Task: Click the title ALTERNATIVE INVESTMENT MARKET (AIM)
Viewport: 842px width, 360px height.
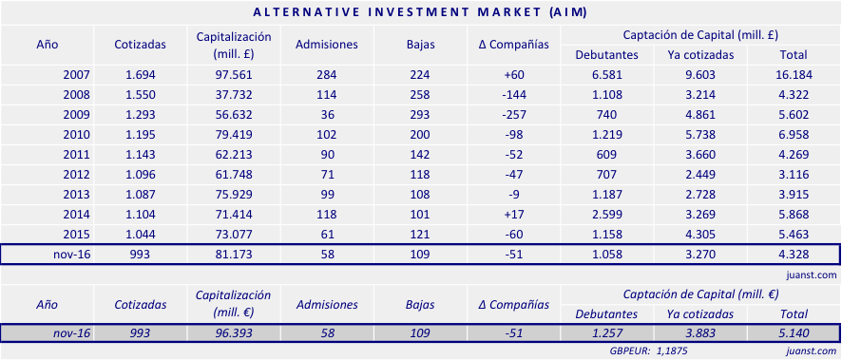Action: (420, 12)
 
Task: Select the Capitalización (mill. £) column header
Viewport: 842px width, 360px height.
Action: (234, 45)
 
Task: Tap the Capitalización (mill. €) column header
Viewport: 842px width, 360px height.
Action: (234, 304)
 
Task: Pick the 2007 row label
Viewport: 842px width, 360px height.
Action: (76, 74)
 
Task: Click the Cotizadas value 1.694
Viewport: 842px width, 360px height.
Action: (141, 74)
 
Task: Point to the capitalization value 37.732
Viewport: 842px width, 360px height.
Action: (234, 94)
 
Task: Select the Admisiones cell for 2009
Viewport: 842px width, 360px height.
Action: (327, 114)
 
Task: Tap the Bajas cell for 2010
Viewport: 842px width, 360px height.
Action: (420, 134)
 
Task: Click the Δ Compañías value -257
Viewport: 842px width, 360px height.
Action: (514, 114)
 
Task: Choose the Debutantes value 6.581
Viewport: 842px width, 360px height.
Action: (606, 74)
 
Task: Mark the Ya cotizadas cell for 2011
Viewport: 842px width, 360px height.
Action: (700, 154)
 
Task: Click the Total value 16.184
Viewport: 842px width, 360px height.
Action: (792, 74)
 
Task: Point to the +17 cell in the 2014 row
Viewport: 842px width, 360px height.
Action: (514, 214)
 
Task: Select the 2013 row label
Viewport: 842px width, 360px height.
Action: (76, 194)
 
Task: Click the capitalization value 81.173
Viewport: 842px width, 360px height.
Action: (234, 255)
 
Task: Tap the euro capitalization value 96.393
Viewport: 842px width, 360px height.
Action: (234, 333)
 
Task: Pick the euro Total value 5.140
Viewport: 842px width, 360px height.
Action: (792, 333)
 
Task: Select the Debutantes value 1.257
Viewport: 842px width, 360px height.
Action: (606, 333)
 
